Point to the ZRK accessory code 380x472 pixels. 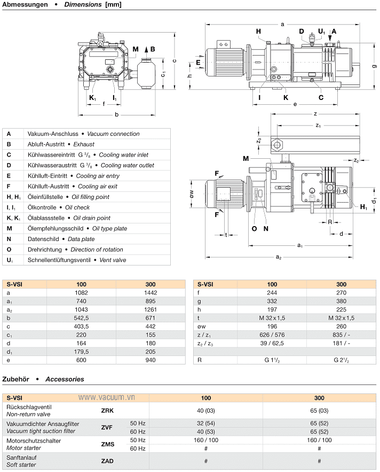click(107, 411)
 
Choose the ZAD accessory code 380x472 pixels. click(107, 461)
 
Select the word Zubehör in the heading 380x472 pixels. click(17, 379)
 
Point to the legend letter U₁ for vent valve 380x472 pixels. click(10, 260)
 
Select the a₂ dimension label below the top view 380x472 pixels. click(278, 257)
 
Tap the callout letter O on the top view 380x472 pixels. click(254, 228)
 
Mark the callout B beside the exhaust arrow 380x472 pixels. click(153, 49)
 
